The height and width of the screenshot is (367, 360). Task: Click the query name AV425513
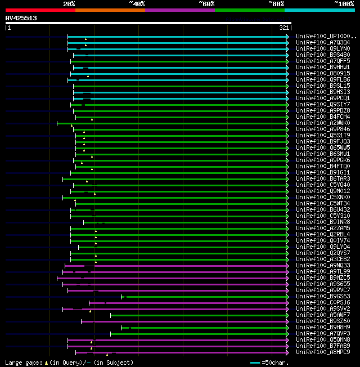(x=21, y=18)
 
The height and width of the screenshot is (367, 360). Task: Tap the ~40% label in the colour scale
(x=137, y=4)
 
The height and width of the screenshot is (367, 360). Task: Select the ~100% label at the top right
(x=344, y=4)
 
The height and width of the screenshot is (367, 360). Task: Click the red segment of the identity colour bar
(x=40, y=10)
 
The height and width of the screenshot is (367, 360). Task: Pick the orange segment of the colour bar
(x=110, y=10)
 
